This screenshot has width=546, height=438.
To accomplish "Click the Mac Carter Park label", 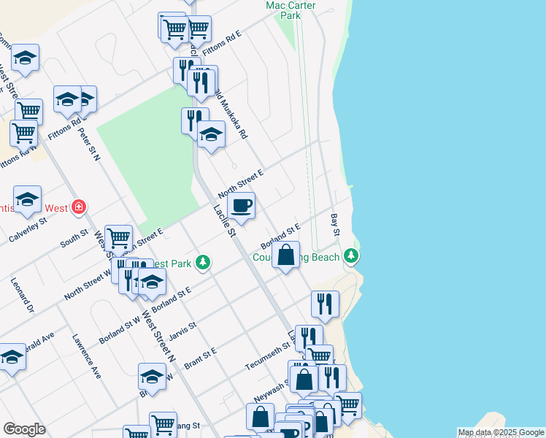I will (283, 9).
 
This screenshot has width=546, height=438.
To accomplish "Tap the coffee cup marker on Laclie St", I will (242, 205).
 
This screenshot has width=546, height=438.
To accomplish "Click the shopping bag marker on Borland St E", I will (286, 255).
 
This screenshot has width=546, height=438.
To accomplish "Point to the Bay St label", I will (337, 225).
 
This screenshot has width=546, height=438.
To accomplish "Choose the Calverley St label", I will (28, 231).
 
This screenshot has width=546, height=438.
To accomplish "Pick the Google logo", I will (23, 429).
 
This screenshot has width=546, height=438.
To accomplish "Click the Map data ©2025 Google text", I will (501, 432).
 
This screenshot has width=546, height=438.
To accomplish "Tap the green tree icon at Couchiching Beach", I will (352, 255).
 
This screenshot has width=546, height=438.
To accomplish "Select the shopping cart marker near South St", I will (118, 237).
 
